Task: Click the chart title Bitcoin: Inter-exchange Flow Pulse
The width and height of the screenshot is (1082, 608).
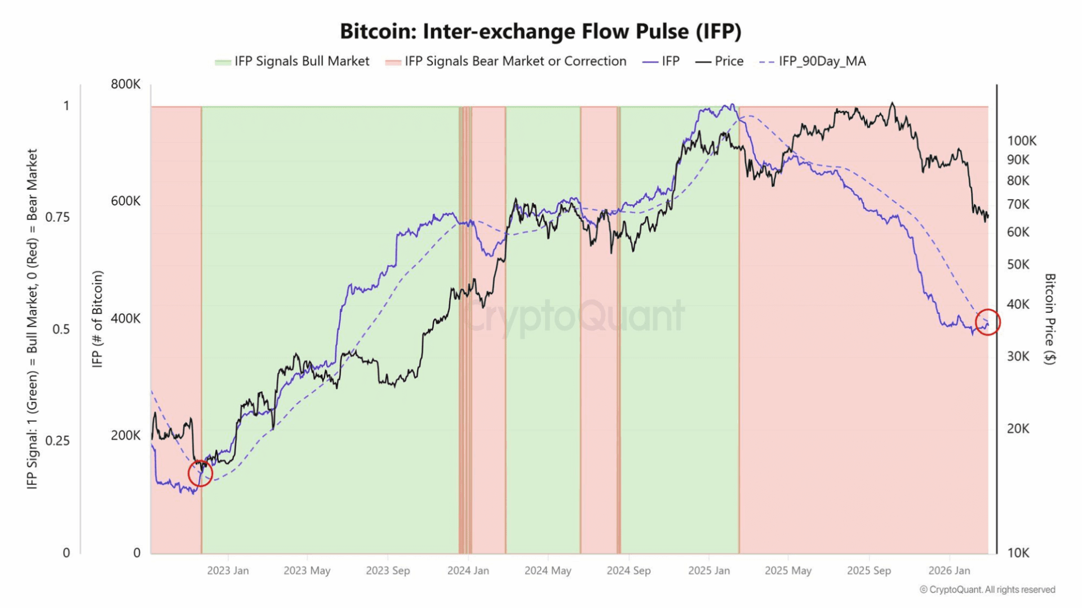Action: tap(540, 31)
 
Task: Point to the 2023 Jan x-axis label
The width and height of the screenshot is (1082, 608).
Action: tap(228, 570)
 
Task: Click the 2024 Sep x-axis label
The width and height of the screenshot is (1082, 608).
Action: tap(628, 570)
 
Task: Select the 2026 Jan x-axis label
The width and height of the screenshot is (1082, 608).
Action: tap(949, 570)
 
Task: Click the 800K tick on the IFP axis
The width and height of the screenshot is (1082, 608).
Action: tap(126, 84)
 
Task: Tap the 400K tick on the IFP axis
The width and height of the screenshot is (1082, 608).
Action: tap(126, 319)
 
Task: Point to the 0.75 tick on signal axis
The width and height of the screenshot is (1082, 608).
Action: tap(57, 217)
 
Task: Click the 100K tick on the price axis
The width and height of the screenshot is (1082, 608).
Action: tap(1022, 141)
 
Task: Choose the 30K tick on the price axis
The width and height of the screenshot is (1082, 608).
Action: tap(1018, 356)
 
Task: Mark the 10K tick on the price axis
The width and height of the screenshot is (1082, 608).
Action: tap(1018, 553)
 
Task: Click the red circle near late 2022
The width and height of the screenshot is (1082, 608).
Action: tap(200, 473)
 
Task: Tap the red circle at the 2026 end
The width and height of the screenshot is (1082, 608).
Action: tap(987, 322)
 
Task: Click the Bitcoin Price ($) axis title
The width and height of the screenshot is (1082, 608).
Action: tap(1049, 319)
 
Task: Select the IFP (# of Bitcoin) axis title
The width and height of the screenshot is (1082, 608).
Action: tap(97, 319)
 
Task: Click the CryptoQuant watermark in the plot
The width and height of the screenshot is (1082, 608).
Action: tap(575, 315)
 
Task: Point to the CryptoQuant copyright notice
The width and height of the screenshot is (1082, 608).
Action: tap(987, 589)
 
